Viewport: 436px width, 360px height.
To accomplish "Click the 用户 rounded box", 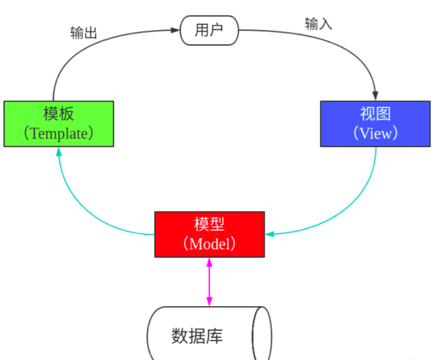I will coord(209,30).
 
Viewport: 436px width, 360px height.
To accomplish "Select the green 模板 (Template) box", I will coord(59,124).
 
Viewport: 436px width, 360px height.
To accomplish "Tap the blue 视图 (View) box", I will coord(375,124).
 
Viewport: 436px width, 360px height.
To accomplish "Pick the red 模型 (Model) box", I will coord(209,234).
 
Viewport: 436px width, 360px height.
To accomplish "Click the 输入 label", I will coord(318,24).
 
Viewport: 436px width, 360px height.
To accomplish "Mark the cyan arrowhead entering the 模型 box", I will coord(269,234).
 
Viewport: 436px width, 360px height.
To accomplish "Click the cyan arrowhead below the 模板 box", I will coord(59,152).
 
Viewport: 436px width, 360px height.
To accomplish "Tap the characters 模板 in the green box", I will coord(59,114).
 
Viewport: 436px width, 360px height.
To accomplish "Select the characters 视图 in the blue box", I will coord(375,114).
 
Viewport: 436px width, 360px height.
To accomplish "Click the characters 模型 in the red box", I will coord(209,224).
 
